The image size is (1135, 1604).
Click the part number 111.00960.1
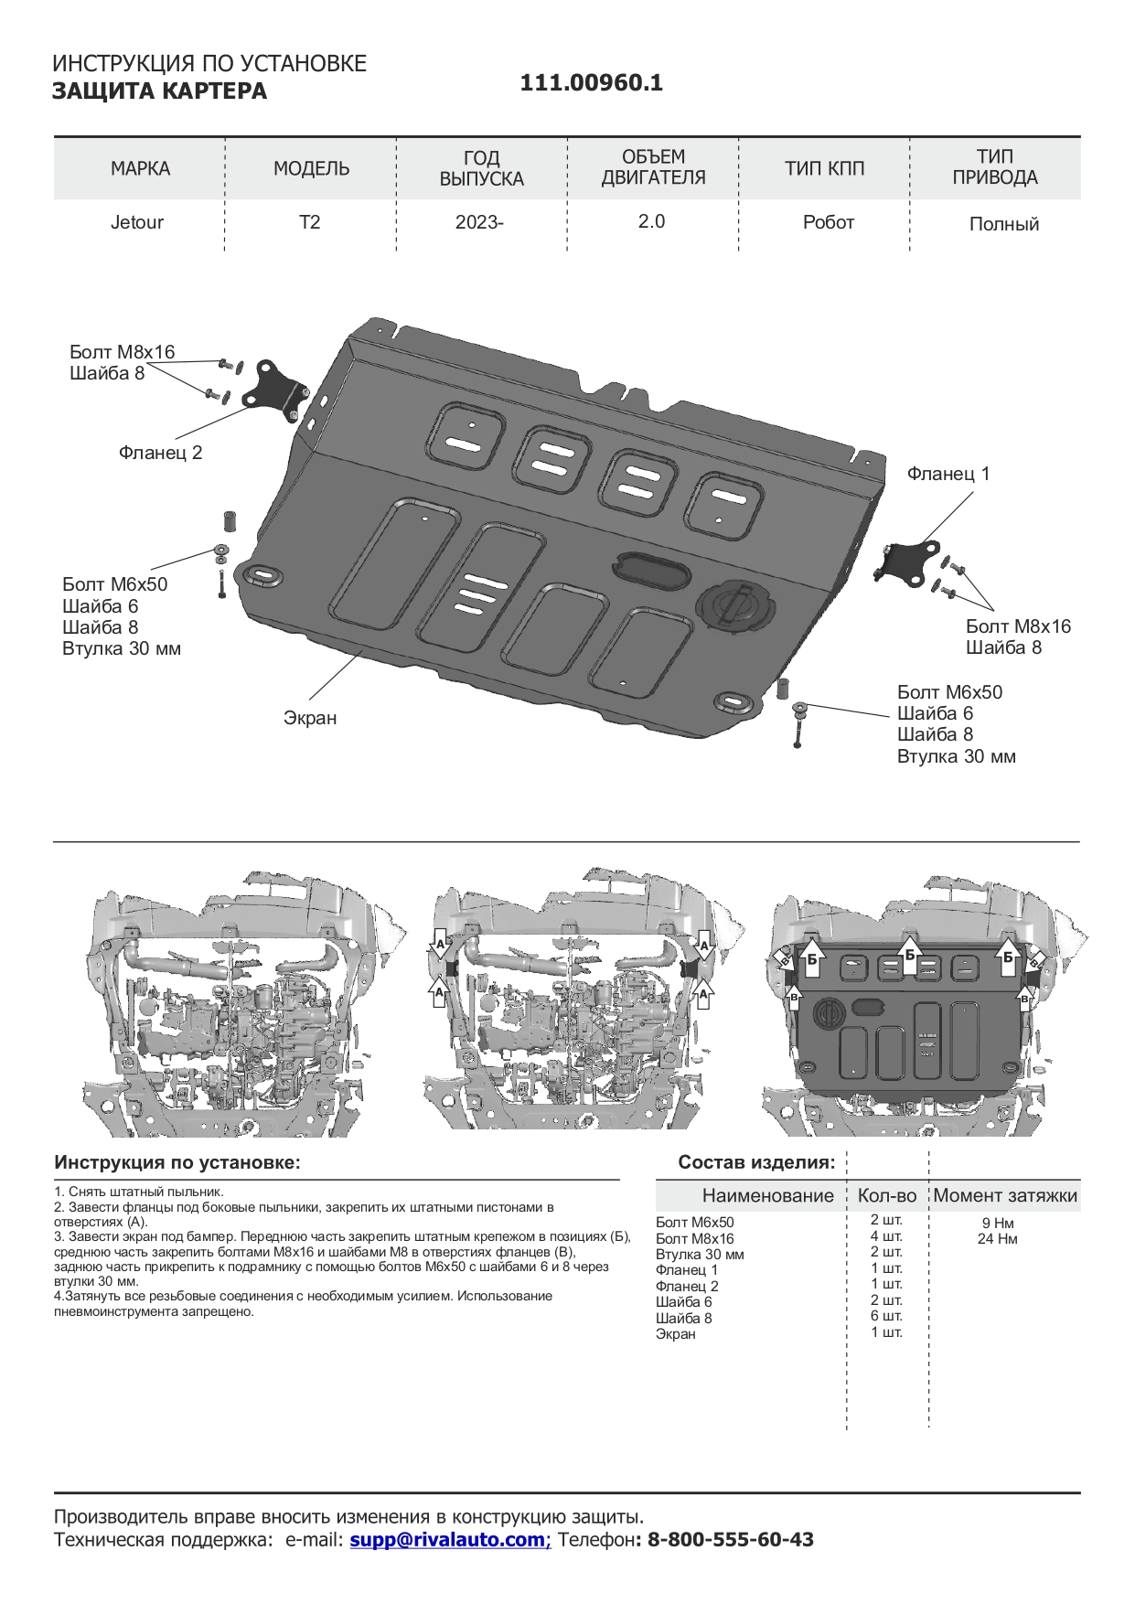click(x=591, y=83)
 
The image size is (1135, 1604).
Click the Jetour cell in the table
click(x=137, y=222)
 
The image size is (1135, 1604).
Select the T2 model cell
click(x=310, y=222)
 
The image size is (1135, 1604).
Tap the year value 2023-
click(x=479, y=222)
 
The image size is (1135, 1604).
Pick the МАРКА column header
click(x=140, y=168)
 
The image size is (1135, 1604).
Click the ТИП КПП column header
click(x=824, y=168)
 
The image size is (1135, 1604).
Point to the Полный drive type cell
click(x=1003, y=224)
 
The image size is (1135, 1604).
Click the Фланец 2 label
click(x=160, y=453)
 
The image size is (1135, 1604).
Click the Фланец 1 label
click(x=948, y=474)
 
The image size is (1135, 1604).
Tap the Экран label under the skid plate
click(x=310, y=718)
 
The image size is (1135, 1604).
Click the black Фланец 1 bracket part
click(x=909, y=561)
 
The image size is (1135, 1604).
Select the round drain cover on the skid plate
click(x=734, y=605)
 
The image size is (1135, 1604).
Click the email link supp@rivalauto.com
click(x=447, y=1539)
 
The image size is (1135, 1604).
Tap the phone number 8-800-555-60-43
click(x=730, y=1539)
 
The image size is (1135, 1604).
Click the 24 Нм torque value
click(x=997, y=1239)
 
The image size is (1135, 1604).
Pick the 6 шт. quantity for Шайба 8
click(x=886, y=1316)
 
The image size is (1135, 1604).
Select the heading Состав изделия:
click(x=756, y=1162)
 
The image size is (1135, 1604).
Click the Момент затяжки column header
click(x=1005, y=1195)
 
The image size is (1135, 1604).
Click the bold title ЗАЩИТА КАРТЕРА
click(x=159, y=91)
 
